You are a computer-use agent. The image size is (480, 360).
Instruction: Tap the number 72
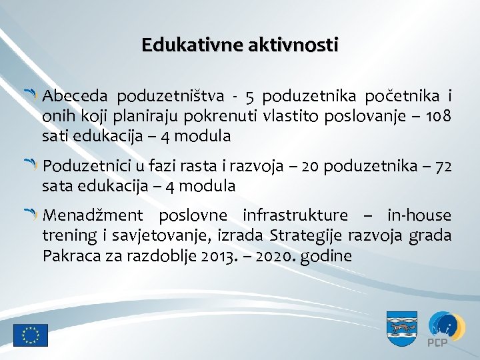[443, 165]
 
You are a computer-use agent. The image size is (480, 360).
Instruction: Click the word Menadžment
[91, 215]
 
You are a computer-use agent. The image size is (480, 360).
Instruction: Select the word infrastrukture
[295, 215]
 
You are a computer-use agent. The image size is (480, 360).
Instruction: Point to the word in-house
[419, 215]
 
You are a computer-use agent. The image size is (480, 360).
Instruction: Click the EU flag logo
[31, 335]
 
